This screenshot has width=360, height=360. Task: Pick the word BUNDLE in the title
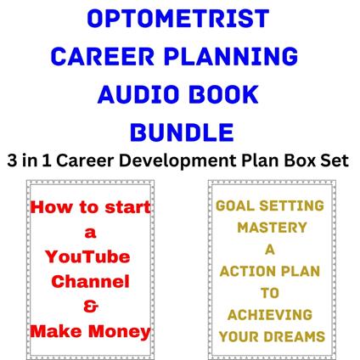coord(180,131)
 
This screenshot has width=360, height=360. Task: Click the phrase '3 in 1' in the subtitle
coord(31,160)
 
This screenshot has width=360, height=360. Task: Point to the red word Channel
coord(91,281)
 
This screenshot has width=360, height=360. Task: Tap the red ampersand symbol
coord(91,305)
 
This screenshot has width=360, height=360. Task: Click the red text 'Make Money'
coord(91,329)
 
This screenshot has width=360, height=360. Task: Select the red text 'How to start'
coord(91,208)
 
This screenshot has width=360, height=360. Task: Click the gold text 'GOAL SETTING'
coord(270,206)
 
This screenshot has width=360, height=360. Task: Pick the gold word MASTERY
coord(270,228)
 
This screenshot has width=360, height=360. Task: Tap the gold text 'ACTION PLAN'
coord(270,272)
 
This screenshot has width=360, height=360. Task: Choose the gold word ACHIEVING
coord(270,315)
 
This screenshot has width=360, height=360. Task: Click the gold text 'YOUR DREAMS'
coord(270,337)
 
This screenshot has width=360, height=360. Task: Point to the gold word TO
coord(270,294)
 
